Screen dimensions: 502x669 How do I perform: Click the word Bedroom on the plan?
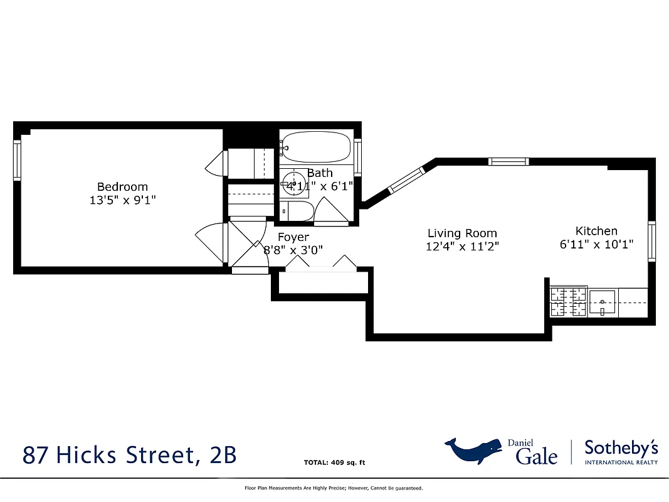(122, 186)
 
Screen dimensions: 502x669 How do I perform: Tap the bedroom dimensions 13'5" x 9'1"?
(122, 200)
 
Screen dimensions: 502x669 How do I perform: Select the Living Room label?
(462, 233)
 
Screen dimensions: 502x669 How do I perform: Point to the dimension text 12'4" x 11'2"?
(462, 247)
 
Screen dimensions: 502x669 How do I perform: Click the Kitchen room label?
(596, 231)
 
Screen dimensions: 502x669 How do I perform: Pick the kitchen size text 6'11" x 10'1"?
(596, 245)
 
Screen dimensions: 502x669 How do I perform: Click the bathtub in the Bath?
(315, 148)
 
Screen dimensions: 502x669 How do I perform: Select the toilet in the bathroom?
(295, 211)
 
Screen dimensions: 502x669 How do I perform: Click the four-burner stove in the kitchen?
(568, 301)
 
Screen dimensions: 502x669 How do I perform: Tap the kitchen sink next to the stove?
(603, 302)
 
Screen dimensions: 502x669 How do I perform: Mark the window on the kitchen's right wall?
(651, 242)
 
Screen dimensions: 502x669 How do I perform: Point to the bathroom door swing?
(328, 210)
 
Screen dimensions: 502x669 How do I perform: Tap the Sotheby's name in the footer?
(620, 448)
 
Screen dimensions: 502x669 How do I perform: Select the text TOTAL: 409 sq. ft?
(334, 463)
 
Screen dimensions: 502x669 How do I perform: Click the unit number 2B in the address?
(221, 454)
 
